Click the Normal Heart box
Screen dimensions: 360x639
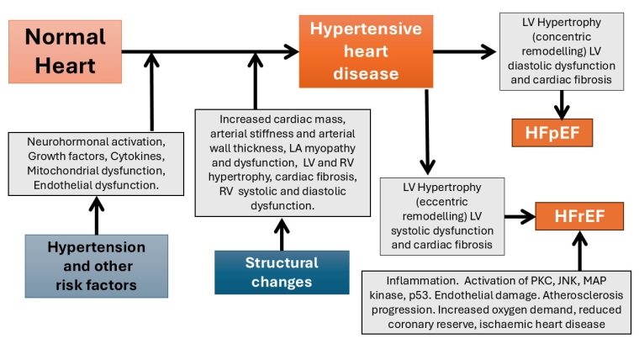65,50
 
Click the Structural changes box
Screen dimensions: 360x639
282,273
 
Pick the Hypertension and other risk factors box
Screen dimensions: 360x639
96,267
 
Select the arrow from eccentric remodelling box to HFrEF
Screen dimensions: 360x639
520,217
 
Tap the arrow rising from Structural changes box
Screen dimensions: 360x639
283,232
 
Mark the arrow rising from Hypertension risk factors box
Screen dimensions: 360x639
96,214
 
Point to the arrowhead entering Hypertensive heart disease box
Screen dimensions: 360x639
291,52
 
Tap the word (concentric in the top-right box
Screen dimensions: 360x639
562,37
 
